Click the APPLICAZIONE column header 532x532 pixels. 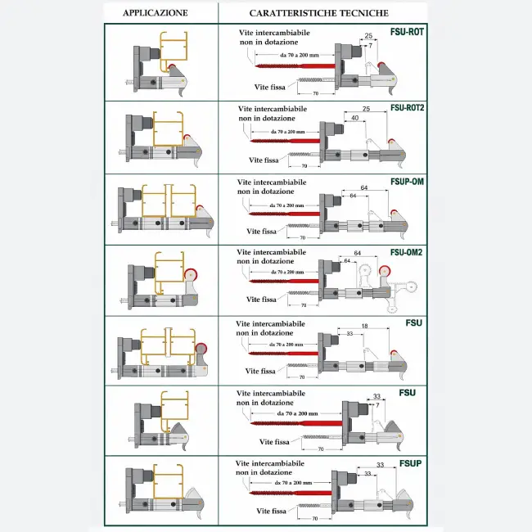(x=156, y=13)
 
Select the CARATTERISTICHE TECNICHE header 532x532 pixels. (x=319, y=13)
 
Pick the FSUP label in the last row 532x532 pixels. (x=411, y=463)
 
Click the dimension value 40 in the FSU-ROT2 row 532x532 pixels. (x=354, y=118)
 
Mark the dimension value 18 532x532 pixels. (x=363, y=326)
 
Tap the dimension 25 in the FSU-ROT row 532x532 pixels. (x=368, y=36)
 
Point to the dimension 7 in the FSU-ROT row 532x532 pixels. (x=370, y=47)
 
